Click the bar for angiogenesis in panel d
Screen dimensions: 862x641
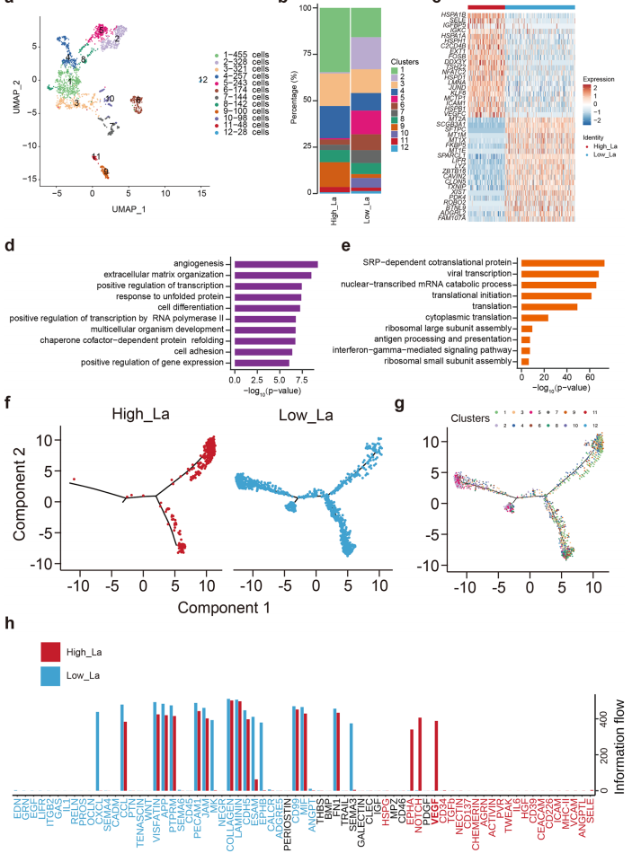(x=275, y=263)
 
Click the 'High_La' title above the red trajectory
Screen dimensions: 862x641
(x=147, y=414)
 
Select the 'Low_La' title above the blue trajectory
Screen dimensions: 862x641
(x=321, y=414)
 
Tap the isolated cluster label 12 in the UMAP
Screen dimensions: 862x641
(x=203, y=80)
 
